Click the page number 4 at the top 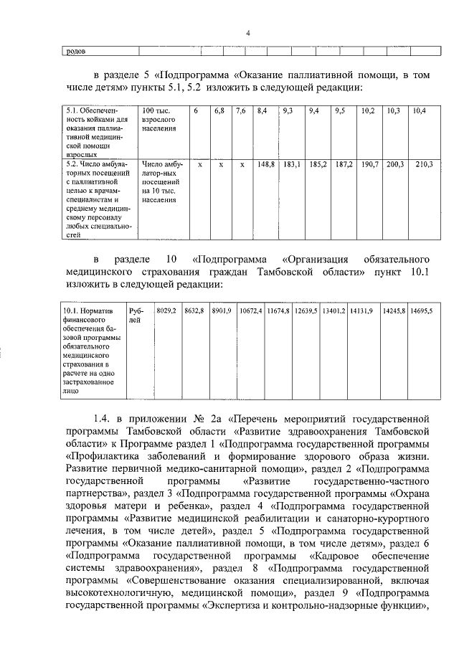[247, 34]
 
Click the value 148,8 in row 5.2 [266, 164]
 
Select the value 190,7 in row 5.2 [369, 164]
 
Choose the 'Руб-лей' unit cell [135, 315]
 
